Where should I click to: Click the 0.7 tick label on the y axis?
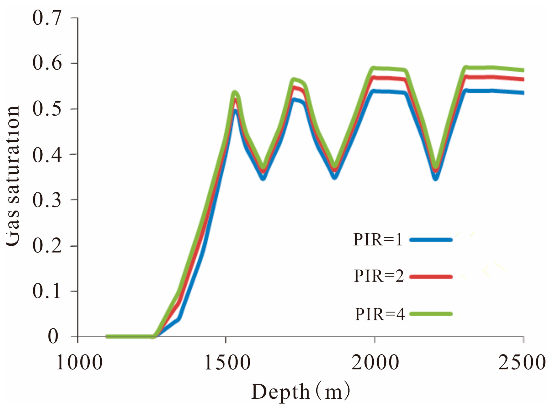[47, 18]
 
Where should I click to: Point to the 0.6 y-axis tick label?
[47, 63]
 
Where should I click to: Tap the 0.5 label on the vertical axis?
[47, 109]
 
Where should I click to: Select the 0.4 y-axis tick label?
[47, 154]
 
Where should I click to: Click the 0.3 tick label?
[47, 200]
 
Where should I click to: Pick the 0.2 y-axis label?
[47, 246]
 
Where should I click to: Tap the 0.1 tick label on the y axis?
[47, 291]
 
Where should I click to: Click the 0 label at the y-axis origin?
[53, 337]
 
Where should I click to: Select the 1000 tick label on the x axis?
[79, 363]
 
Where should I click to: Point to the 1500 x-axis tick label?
[227, 363]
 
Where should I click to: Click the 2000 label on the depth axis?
[375, 363]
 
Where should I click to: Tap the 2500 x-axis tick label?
[522, 363]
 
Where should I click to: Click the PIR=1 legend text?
[378, 240]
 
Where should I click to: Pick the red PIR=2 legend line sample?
[431, 276]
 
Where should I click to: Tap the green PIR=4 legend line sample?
[431, 314]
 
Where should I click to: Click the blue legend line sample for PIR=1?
[431, 240]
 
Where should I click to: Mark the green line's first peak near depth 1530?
[235, 92]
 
